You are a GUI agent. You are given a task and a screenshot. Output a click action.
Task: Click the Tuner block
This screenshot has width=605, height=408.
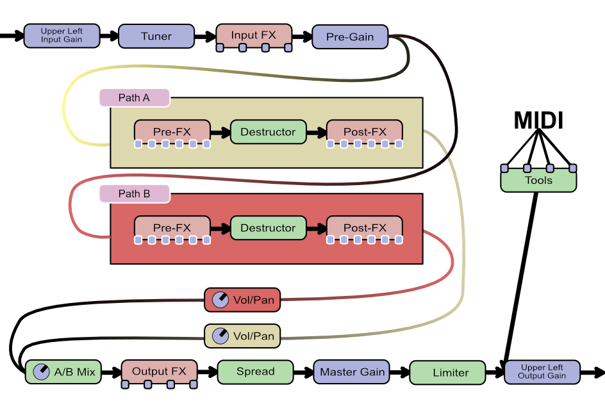pos(156,36)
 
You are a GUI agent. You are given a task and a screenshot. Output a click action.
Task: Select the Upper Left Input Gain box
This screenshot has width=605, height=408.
pos(62,36)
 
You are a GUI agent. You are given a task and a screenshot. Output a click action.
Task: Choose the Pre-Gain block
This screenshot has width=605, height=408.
pos(350,37)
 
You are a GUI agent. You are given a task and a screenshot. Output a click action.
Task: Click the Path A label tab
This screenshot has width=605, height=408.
pos(134,98)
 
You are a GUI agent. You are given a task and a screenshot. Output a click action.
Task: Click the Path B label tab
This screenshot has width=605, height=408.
pos(134,193)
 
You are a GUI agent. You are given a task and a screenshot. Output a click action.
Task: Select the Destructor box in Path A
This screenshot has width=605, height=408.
pos(268,132)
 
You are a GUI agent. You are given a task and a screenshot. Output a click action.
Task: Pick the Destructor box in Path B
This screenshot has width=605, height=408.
pos(268,228)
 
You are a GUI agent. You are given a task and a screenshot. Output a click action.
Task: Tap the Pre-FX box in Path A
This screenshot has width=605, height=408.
pos(172,132)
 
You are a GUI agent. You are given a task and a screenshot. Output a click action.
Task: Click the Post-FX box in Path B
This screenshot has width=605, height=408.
pos(365,228)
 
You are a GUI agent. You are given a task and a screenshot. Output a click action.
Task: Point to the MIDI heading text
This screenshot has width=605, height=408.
pos(538,120)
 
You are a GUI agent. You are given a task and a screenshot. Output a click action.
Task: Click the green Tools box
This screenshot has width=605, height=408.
pos(538,181)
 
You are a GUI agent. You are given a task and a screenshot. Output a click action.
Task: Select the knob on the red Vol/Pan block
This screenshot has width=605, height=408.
pos(220,300)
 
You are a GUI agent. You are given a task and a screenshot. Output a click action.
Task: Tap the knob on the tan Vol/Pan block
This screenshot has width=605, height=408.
pos(220,336)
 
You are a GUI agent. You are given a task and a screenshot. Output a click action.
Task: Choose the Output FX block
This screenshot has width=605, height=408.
pos(159,371)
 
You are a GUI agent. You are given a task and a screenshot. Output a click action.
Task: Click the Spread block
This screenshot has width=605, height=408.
pos(255,371)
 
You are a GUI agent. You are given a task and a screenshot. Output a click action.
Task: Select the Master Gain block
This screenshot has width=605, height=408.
pos(352,371)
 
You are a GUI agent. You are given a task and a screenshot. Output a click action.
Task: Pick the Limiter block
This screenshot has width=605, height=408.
pos(451,372)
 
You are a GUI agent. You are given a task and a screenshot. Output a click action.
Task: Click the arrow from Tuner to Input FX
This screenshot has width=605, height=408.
pos(204,37)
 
